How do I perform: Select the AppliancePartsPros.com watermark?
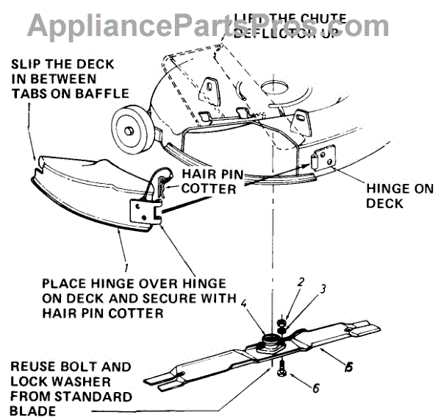tap(220, 23)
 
